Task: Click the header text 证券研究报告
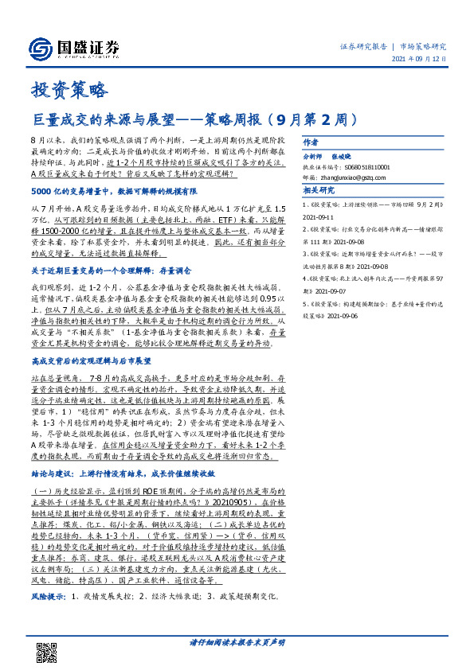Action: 363,47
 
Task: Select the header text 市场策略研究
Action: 421,47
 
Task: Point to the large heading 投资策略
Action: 57,89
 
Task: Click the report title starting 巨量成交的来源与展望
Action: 190,121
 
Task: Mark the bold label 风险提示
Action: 48,595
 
